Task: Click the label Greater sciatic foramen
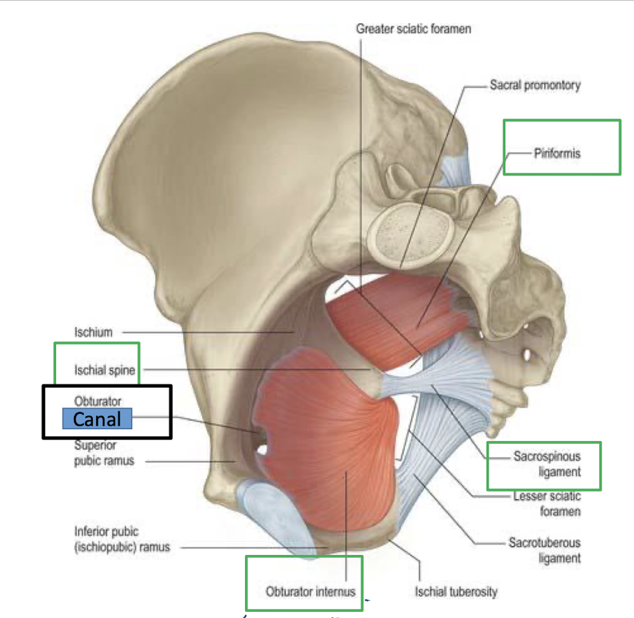click(414, 29)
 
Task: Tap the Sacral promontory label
click(535, 86)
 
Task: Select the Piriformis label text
click(556, 153)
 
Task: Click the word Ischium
click(93, 332)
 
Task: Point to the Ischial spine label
click(105, 371)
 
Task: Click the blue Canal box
click(97, 418)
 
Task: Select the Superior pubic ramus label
click(95, 453)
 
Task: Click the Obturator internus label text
click(310, 592)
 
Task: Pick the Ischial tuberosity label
click(455, 592)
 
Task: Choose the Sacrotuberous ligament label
click(544, 550)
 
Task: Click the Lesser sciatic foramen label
click(547, 504)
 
